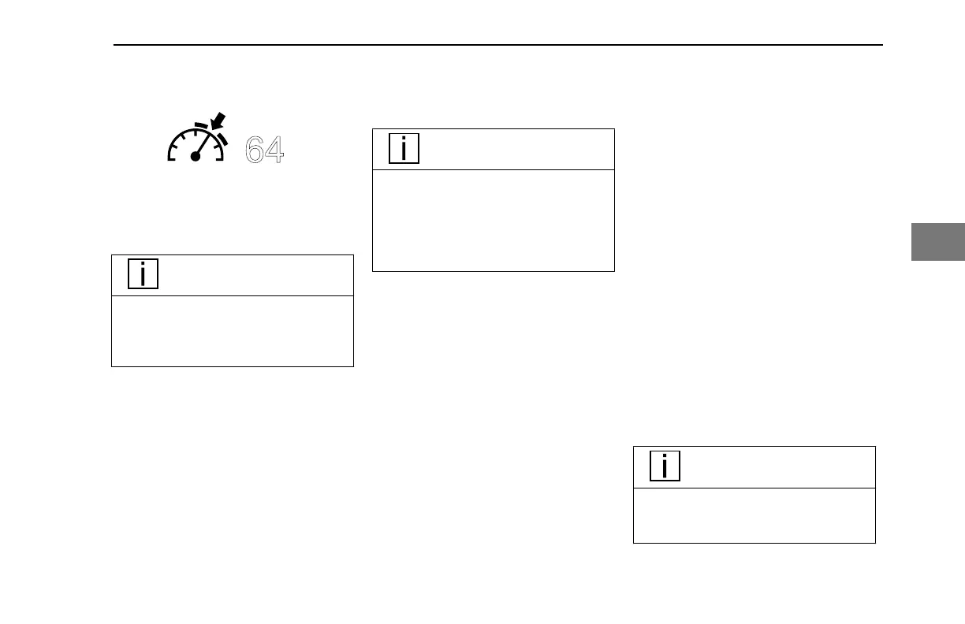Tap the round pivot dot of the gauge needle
(196, 157)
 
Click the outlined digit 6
(255, 150)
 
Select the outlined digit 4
(274, 150)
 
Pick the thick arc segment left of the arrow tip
(201, 126)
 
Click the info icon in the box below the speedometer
(143, 274)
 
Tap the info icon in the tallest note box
(404, 148)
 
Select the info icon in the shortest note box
(665, 466)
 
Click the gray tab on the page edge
(938, 242)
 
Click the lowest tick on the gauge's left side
(176, 148)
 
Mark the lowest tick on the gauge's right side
(216, 148)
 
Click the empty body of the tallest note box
(493, 221)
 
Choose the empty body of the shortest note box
(754, 515)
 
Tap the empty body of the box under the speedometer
(232, 331)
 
